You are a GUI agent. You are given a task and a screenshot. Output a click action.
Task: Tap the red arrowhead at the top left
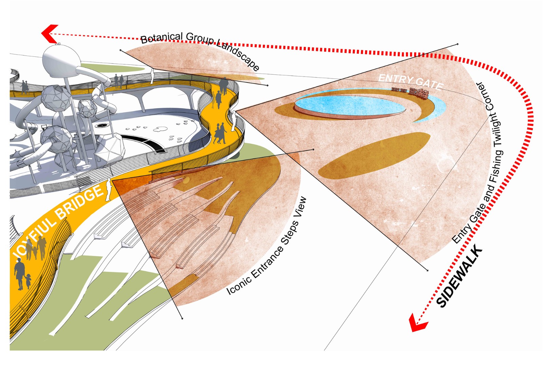(x=50, y=34)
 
